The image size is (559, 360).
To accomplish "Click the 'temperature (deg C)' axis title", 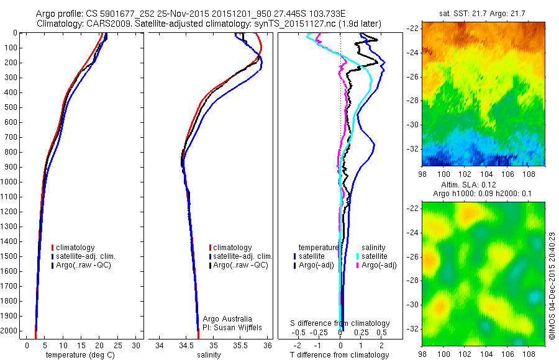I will [78, 355].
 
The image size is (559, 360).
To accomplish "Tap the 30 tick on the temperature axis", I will [136, 345].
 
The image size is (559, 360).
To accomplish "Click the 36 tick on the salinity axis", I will [268, 345].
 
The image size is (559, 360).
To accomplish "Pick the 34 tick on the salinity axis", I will [160, 345].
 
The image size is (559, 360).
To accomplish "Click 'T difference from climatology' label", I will [340, 355].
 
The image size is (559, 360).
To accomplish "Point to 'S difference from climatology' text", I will [340, 323].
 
